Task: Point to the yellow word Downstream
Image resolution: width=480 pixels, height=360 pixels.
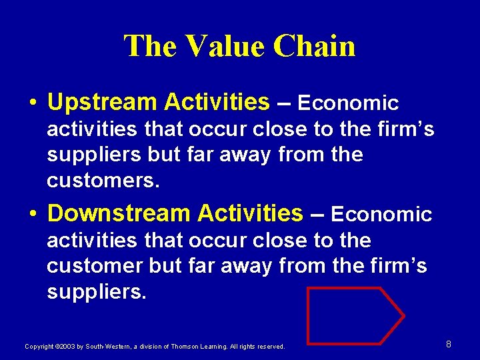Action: (x=119, y=213)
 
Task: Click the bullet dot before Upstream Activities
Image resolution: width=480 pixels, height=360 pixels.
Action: (x=33, y=103)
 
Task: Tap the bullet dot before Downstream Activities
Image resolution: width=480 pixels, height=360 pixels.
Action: (x=33, y=215)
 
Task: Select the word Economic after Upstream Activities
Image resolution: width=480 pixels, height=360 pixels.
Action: (x=348, y=103)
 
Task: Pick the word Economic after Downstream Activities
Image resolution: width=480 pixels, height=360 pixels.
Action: (x=381, y=215)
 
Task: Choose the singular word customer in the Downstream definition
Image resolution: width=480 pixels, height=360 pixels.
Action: (x=94, y=266)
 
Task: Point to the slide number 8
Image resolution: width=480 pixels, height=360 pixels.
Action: (x=449, y=344)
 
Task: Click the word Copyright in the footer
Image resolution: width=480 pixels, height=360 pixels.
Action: (x=39, y=347)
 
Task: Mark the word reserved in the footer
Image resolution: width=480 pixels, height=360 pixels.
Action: (x=270, y=347)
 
